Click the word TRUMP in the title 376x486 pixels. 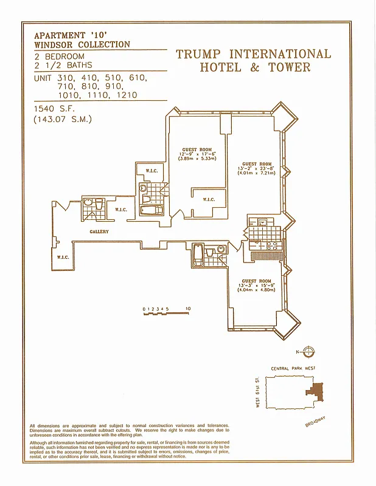198,54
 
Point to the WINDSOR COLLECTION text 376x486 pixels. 82,44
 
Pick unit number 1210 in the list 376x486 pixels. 124,95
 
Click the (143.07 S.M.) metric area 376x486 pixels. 62,119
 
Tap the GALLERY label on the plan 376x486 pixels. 99,232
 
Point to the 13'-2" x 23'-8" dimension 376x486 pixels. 256,168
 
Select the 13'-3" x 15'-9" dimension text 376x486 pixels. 256,285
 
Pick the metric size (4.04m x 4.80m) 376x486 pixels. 256,290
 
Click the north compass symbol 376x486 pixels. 308,351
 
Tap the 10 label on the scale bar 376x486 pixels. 188,309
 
